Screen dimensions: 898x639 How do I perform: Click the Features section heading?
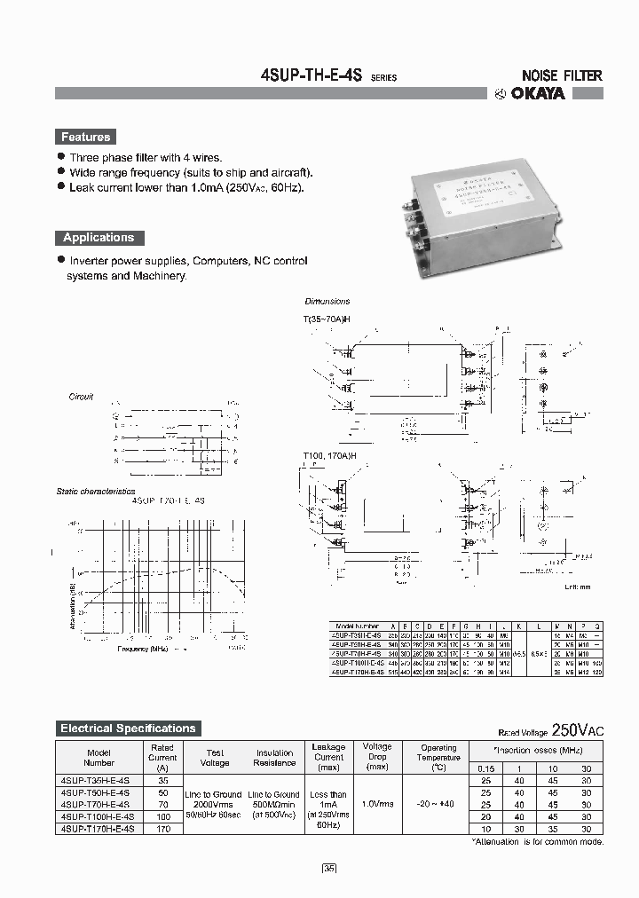(x=86, y=137)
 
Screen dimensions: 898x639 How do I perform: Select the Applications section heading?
(x=99, y=238)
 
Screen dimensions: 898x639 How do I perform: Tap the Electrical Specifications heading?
(x=128, y=729)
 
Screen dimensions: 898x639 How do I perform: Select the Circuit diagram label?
(x=82, y=397)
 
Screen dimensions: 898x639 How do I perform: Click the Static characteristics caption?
(x=96, y=491)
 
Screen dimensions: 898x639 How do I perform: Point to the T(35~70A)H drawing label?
(x=330, y=319)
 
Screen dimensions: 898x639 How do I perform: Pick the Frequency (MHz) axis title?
(x=143, y=649)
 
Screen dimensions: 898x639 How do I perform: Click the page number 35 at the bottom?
(x=329, y=868)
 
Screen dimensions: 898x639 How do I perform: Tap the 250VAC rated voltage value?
(x=577, y=730)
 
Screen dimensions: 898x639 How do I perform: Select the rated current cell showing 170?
(x=162, y=828)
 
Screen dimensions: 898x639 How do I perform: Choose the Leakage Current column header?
(x=328, y=757)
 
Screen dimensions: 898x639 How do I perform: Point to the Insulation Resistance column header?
(x=274, y=758)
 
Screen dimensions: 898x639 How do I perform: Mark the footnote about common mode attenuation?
(x=538, y=841)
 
